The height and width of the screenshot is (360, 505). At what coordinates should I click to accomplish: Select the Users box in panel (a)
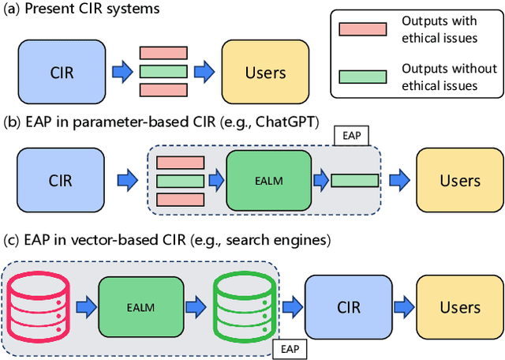[x=265, y=73]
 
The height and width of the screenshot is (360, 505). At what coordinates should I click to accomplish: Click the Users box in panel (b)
[x=459, y=181]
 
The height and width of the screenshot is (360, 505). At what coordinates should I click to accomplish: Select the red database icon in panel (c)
[x=40, y=306]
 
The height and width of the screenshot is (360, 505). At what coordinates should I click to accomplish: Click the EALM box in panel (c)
[x=140, y=306]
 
